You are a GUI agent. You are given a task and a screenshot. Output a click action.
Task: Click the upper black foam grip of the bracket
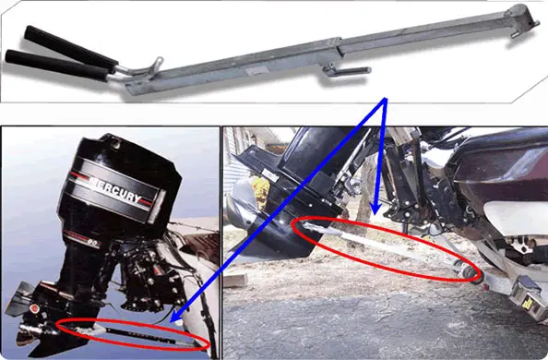[71, 47]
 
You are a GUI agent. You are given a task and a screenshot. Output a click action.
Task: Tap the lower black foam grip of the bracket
[57, 66]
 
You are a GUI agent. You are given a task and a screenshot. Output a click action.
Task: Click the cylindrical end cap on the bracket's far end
[520, 18]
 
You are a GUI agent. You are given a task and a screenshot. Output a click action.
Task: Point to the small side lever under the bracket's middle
[345, 71]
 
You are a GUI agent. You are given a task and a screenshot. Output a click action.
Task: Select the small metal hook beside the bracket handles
[156, 64]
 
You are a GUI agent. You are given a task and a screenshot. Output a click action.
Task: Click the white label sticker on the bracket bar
[256, 71]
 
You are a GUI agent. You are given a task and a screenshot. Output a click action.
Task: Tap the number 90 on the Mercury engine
[92, 242]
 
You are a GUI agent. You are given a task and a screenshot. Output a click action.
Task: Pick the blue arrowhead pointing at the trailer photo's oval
[375, 209]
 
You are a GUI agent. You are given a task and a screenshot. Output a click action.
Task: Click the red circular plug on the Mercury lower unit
[34, 308]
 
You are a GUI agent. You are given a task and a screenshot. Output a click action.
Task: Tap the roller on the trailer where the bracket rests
[470, 270]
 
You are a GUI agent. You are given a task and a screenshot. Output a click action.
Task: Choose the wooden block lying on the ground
[235, 280]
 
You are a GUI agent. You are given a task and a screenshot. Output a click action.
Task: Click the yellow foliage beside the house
[260, 193]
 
